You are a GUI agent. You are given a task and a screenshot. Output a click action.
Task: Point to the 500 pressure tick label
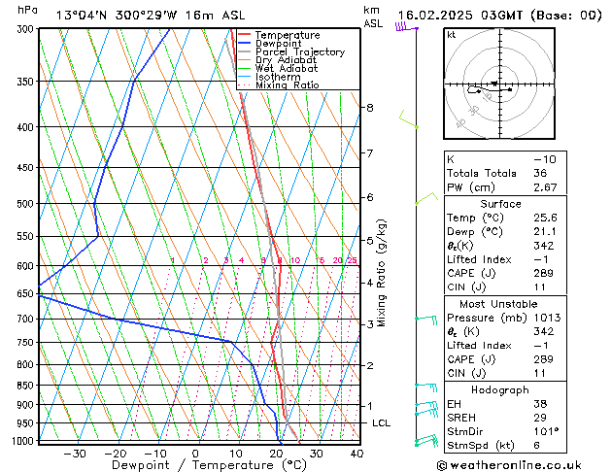click(24, 204)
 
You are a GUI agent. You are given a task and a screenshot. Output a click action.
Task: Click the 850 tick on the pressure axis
click(24, 386)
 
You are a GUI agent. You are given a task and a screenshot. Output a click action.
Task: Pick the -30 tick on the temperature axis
click(75, 453)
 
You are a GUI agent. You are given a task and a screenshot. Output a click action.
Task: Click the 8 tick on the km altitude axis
click(369, 108)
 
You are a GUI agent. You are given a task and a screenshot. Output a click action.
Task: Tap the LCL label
click(381, 423)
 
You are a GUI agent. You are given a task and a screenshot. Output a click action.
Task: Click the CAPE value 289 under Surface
click(544, 273)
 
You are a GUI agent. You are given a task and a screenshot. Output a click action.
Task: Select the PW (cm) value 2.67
click(546, 187)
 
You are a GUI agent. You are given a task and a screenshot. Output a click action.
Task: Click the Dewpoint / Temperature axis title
click(196, 465)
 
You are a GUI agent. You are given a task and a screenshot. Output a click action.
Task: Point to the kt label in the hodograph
click(452, 35)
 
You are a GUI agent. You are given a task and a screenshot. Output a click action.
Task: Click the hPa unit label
click(28, 10)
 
